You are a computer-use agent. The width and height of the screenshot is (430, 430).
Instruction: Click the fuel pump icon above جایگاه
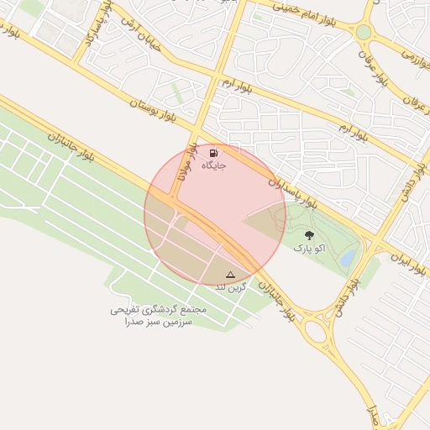[x=214, y=153]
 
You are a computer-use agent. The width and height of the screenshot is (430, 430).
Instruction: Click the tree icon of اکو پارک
[x=310, y=236]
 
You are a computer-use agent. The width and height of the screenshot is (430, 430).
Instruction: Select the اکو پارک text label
[x=309, y=249]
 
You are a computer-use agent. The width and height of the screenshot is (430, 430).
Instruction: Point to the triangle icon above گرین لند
[x=231, y=274]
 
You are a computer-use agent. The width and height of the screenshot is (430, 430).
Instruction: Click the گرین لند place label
[x=231, y=287]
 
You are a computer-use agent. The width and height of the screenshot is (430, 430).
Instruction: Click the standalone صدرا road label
[x=375, y=417]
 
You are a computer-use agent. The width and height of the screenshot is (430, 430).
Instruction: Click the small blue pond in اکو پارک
[x=347, y=256]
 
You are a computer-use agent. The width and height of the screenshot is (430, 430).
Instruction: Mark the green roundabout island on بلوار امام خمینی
[x=363, y=32]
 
